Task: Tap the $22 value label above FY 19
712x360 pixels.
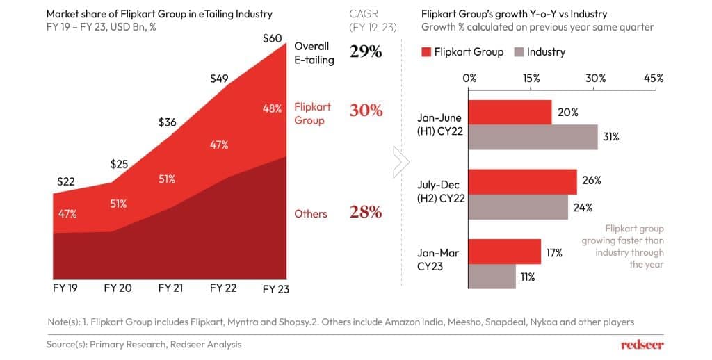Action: (x=66, y=181)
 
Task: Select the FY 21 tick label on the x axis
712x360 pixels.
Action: (x=170, y=287)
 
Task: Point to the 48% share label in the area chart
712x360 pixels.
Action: (x=272, y=108)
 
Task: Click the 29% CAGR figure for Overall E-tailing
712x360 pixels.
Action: (x=366, y=52)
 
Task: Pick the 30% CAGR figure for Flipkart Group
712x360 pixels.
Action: (x=366, y=111)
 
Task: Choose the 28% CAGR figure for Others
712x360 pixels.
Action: (x=366, y=213)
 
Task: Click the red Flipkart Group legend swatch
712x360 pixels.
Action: (x=427, y=52)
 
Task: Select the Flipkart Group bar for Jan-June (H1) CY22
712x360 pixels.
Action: (x=510, y=112)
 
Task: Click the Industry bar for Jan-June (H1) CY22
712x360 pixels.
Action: (x=533, y=137)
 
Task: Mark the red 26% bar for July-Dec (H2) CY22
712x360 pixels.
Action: (x=523, y=181)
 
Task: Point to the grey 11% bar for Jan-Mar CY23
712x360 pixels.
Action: (x=492, y=276)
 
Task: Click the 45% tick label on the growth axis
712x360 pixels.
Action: (x=654, y=79)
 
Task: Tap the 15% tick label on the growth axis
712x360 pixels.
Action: (x=531, y=79)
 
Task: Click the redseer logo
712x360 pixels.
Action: (x=642, y=344)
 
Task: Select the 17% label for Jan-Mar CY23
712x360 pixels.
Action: (x=554, y=253)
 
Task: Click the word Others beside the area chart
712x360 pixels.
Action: (x=310, y=214)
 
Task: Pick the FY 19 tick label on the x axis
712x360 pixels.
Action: (x=63, y=287)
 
